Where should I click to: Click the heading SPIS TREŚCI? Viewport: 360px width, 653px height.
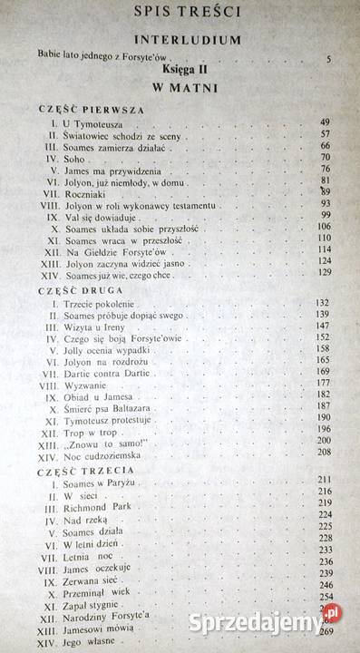[x=188, y=13]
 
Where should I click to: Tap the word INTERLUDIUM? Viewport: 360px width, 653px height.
[x=189, y=41]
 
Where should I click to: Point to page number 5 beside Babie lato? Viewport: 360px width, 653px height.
[x=328, y=59]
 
